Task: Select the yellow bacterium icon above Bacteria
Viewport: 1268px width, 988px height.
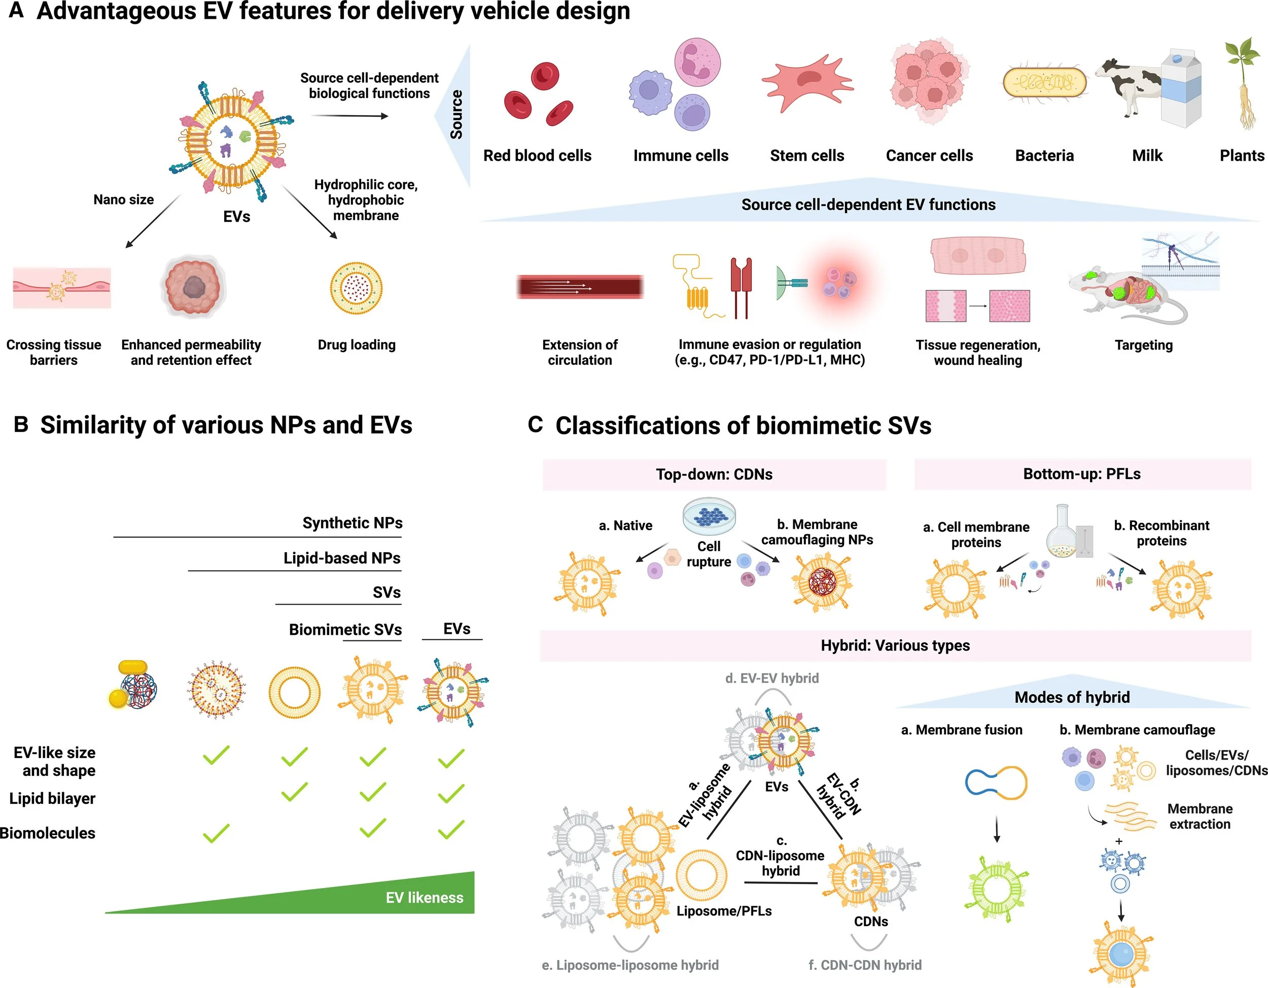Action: click(1044, 83)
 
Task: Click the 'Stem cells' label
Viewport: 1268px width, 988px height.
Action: click(806, 156)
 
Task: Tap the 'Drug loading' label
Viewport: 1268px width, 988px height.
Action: click(357, 345)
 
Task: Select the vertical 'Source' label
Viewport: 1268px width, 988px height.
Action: click(457, 114)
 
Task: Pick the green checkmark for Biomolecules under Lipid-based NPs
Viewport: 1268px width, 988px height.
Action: click(216, 833)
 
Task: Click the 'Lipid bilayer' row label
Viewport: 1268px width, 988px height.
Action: click(52, 798)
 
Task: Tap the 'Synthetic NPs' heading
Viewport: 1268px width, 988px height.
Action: click(352, 523)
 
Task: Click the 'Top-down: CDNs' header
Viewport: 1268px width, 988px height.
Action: click(714, 474)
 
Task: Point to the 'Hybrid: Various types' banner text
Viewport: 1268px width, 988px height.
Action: click(895, 645)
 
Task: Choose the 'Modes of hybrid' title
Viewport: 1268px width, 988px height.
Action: click(1072, 697)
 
